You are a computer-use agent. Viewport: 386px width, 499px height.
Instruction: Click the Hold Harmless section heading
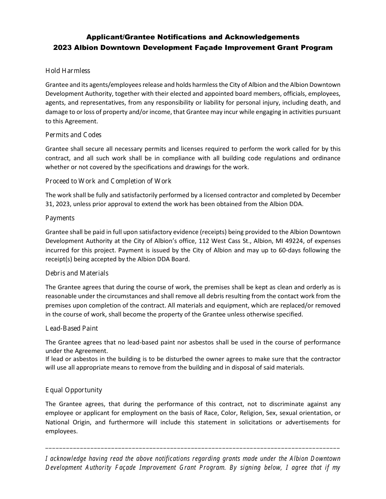[x=68, y=71]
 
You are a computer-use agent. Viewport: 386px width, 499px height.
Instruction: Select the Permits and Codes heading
[x=74, y=135]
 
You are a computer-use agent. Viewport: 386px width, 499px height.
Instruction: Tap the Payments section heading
[x=60, y=218]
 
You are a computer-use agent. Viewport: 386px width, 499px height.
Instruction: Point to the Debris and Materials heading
[x=77, y=273]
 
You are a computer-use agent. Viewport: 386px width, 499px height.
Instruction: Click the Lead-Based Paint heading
[x=72, y=328]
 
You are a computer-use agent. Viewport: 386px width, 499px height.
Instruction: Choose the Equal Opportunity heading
[x=74, y=390]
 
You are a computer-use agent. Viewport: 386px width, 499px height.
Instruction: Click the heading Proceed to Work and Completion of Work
[x=108, y=181]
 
